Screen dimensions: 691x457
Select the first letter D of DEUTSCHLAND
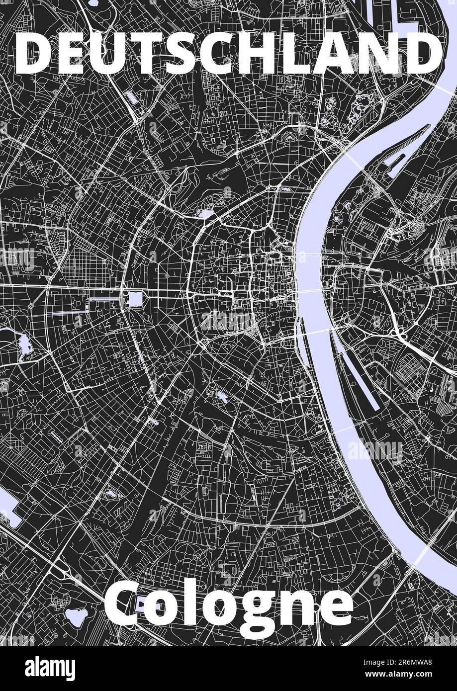(x=31, y=54)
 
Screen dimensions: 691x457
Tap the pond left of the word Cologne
(x=77, y=617)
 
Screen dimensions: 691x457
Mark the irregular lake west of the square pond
(x=23, y=343)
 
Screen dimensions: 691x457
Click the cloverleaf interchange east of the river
(x=398, y=334)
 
